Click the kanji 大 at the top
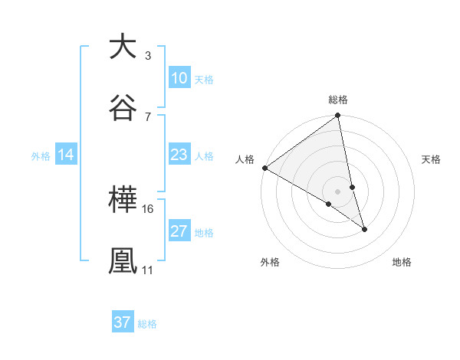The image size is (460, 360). (123, 47)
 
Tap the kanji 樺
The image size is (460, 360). (123, 201)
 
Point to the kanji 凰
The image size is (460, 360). (123, 260)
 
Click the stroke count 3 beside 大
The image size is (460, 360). (147, 56)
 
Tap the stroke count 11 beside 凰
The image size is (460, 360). (148, 270)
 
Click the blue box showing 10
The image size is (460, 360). (179, 78)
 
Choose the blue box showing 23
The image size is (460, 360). (179, 155)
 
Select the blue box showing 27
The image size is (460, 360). (179, 231)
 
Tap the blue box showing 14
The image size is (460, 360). (66, 155)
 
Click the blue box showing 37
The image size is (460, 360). (123, 322)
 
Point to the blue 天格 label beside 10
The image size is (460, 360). (204, 79)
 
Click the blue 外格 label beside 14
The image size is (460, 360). (41, 155)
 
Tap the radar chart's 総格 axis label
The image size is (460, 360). (338, 100)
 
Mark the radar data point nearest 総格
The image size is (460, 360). (338, 116)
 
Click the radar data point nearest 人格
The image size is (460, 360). (264, 168)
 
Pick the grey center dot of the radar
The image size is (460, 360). (338, 191)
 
